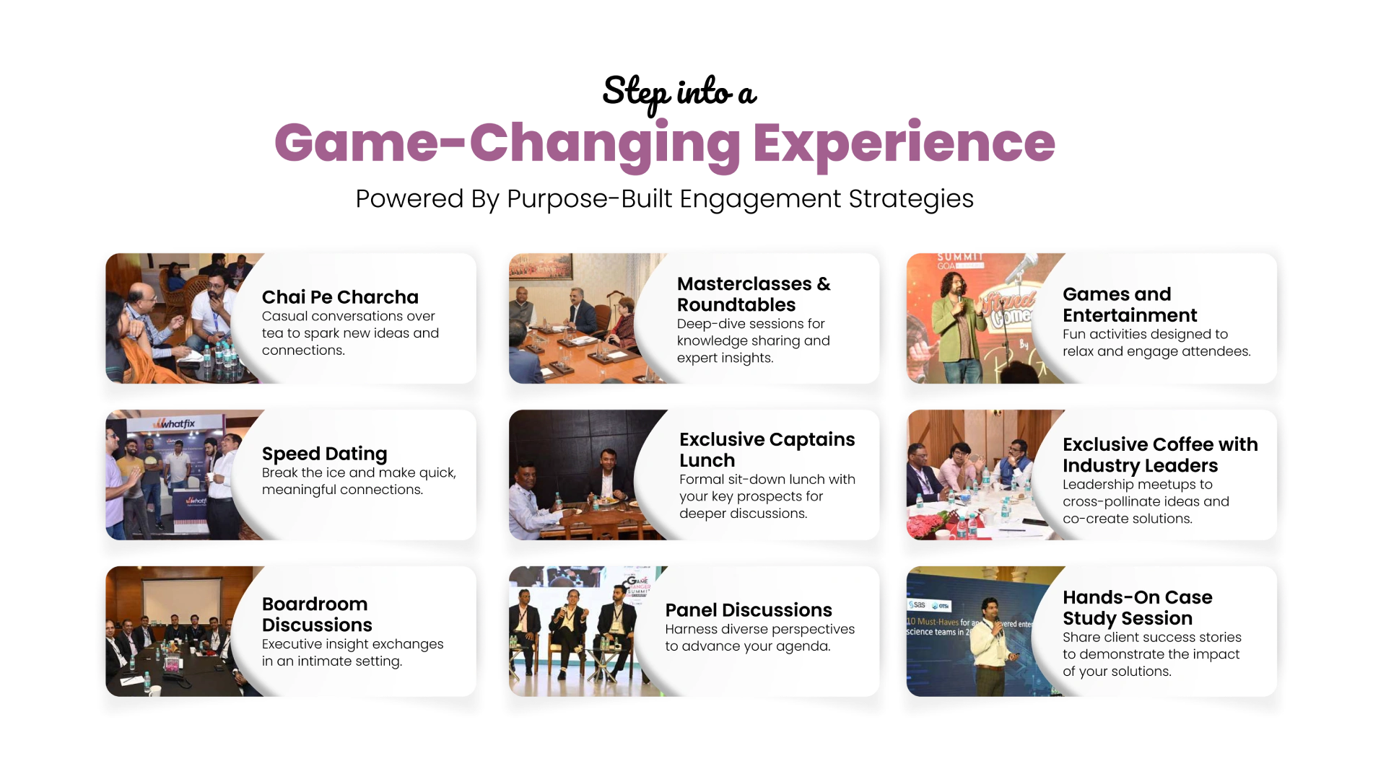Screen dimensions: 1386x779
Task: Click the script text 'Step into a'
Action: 679,93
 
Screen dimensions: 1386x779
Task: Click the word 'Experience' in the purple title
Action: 904,143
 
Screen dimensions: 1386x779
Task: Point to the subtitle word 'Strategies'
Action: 911,199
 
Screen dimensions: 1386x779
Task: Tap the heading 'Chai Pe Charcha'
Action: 340,297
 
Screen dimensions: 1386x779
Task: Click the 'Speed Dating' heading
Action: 324,454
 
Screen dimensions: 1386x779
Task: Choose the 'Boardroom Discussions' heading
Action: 317,614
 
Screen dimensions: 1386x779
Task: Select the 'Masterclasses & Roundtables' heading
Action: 754,294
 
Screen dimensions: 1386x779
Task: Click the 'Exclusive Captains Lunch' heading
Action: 767,449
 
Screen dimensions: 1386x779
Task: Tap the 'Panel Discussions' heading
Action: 749,610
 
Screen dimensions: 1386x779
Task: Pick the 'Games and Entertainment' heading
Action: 1130,304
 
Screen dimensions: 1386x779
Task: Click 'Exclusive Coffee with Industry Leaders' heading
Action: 1160,454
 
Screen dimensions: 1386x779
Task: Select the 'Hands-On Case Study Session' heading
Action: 1137,607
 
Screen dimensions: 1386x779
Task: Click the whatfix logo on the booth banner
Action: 175,423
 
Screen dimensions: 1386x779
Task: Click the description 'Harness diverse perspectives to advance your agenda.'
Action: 759,638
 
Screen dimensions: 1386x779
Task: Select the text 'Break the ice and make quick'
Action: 359,473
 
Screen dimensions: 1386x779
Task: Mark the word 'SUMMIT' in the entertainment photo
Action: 960,257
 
